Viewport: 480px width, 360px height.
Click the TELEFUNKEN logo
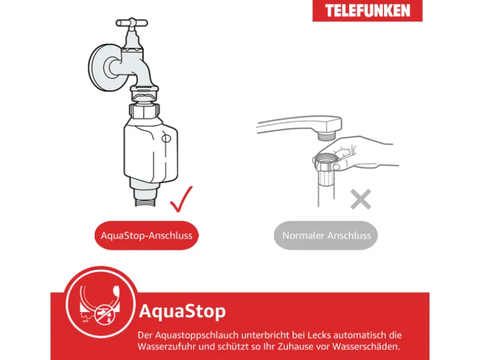tap(367, 11)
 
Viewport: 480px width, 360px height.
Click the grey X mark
tap(360, 199)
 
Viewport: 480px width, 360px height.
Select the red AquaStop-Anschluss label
tap(146, 235)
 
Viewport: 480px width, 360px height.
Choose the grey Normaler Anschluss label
tap(326, 235)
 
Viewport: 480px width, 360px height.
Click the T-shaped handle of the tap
tap(132, 22)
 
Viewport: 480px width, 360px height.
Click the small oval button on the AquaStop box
tap(166, 138)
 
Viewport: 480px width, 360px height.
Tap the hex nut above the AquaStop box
tap(145, 111)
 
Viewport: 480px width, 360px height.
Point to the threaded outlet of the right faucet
tap(327, 135)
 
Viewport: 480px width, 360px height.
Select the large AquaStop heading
tap(183, 311)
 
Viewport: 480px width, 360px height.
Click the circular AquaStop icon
tap(100, 302)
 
